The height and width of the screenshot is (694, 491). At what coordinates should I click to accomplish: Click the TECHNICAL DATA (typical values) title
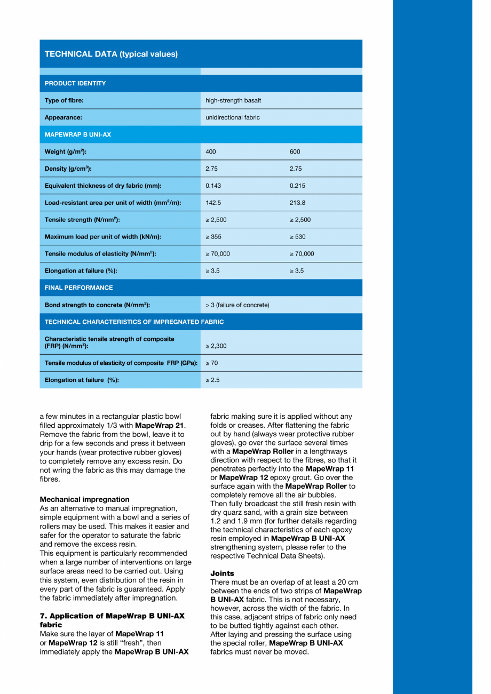click(x=111, y=54)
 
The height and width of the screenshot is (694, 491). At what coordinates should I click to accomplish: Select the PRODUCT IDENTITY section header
click(x=75, y=83)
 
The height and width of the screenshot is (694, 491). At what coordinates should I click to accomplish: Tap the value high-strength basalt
click(x=233, y=100)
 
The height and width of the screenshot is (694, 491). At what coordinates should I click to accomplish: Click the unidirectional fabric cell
click(x=233, y=117)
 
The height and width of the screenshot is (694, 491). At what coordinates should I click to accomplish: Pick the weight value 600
click(x=295, y=151)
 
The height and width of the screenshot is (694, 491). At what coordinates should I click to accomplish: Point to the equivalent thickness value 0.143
click(x=213, y=186)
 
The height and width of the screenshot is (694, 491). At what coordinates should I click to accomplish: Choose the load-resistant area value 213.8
click(x=297, y=203)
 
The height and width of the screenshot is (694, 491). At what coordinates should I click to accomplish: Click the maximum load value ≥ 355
click(x=215, y=237)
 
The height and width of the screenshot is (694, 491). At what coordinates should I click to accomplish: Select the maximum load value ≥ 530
click(x=298, y=237)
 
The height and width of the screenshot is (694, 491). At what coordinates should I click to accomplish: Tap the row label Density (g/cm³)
click(x=68, y=169)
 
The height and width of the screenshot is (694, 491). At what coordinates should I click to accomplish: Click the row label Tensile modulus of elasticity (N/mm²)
click(x=100, y=254)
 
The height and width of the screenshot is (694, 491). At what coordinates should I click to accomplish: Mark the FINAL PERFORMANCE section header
click(x=78, y=288)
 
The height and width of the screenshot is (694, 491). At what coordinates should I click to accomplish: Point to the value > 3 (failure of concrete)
click(x=237, y=305)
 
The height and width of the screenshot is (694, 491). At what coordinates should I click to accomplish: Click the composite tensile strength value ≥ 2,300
click(x=216, y=346)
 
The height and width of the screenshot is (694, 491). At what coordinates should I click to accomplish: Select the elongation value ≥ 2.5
click(x=212, y=380)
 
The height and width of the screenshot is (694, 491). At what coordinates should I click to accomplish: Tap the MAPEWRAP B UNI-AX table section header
click(x=78, y=134)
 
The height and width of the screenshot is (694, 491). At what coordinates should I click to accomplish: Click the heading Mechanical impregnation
click(x=84, y=499)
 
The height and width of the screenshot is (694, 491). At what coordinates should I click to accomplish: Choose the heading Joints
click(x=222, y=573)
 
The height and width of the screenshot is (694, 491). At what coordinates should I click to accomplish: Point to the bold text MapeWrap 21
click(x=159, y=425)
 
